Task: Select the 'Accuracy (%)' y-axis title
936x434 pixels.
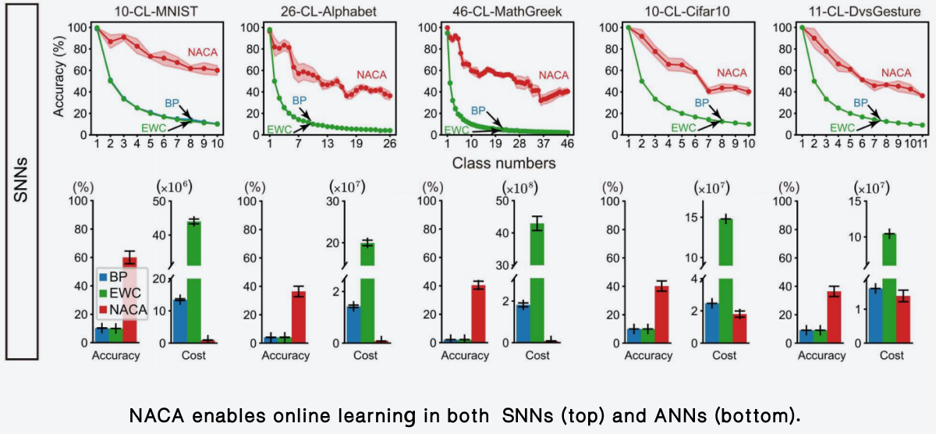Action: pyautogui.click(x=59, y=80)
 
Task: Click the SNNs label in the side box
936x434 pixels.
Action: pyautogui.click(x=21, y=181)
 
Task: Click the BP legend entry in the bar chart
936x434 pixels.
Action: pyautogui.click(x=119, y=276)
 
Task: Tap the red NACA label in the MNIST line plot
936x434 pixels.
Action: pyautogui.click(x=202, y=52)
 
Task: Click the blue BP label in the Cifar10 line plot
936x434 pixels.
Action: pyautogui.click(x=702, y=102)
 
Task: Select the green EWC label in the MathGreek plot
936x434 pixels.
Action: pyautogui.click(x=456, y=130)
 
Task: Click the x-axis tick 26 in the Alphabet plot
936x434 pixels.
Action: pyautogui.click(x=388, y=144)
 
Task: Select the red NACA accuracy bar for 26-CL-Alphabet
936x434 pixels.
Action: pyautogui.click(x=299, y=316)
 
